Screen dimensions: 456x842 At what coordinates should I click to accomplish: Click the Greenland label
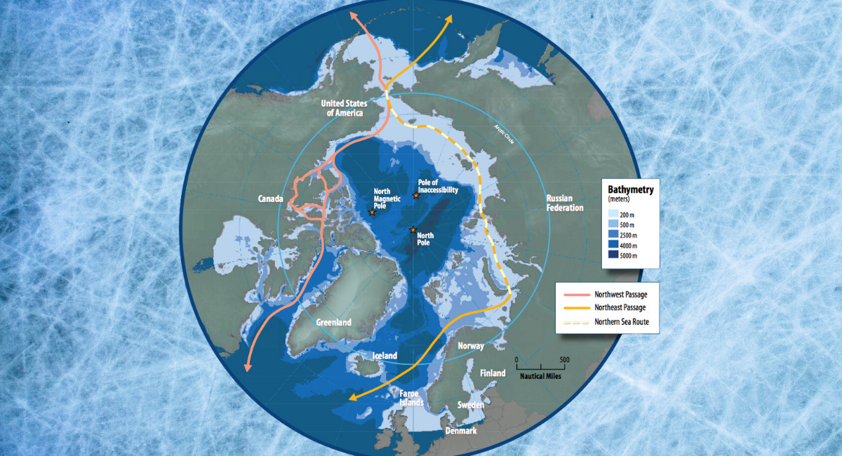click(333, 322)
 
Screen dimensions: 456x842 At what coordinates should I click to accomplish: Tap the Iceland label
click(385, 356)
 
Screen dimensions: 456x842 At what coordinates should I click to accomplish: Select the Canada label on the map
click(270, 199)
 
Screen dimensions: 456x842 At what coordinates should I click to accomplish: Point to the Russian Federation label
click(565, 203)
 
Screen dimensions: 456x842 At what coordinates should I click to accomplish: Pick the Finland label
click(492, 373)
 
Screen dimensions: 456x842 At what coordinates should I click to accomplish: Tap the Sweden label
click(470, 405)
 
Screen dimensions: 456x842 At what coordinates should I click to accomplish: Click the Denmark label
click(461, 430)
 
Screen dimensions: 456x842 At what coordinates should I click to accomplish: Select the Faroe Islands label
click(411, 398)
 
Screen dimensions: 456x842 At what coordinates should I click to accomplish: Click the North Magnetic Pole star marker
click(372, 212)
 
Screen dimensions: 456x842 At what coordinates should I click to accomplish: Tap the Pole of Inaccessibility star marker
click(416, 196)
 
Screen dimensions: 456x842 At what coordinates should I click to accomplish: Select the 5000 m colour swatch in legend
click(613, 256)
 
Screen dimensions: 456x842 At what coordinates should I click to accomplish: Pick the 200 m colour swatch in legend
click(613, 213)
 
